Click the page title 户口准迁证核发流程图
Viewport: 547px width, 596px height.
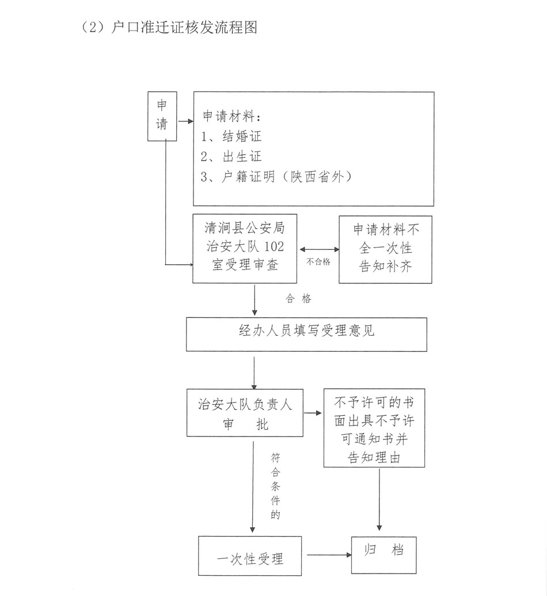170,27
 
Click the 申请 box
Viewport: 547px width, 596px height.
162,116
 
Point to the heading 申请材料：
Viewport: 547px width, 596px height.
232,117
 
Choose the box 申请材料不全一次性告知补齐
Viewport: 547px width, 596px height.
385,249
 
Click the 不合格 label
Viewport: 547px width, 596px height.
318,261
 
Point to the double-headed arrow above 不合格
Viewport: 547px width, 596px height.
318,249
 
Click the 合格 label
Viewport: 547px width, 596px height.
298,299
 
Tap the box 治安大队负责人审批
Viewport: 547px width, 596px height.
245,412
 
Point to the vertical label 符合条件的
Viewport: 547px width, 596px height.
275,487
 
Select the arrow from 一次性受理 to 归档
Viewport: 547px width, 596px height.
329,555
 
